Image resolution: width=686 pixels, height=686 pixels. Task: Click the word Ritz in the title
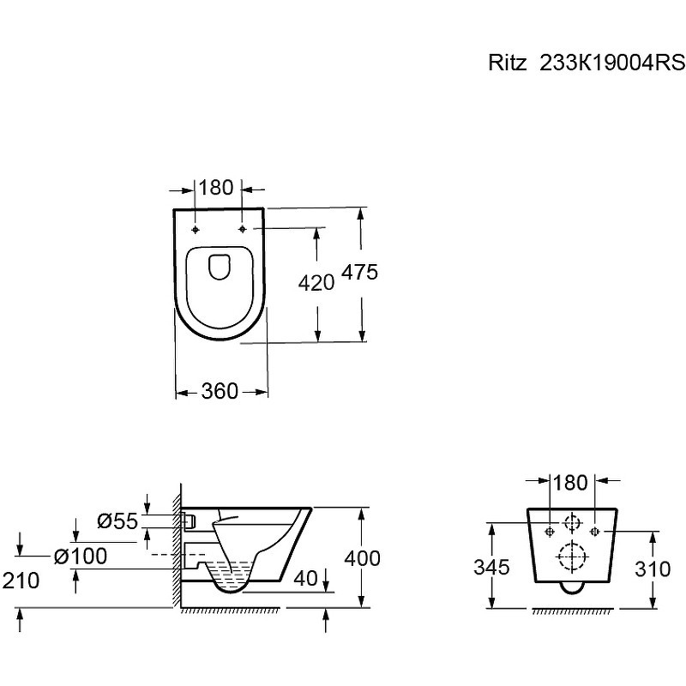click(x=507, y=63)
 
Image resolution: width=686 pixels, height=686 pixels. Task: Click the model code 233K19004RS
click(x=612, y=63)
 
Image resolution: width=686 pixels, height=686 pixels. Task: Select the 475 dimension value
click(x=359, y=272)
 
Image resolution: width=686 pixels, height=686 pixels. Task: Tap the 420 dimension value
click(x=316, y=283)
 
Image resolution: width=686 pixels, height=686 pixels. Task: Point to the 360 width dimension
click(x=220, y=391)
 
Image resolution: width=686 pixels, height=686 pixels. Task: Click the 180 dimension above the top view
click(x=216, y=188)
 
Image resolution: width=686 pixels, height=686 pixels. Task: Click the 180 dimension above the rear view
click(x=570, y=483)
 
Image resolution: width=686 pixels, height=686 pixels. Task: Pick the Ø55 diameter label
click(x=117, y=521)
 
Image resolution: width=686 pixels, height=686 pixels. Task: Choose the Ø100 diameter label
click(x=81, y=557)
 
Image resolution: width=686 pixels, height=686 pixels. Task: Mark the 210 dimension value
click(x=21, y=581)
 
